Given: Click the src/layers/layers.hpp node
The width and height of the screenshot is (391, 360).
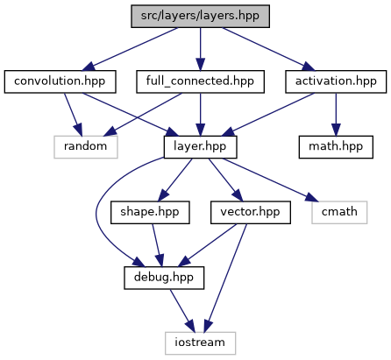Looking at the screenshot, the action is pos(200,17).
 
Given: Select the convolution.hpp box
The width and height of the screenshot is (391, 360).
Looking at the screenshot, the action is pos(60,81).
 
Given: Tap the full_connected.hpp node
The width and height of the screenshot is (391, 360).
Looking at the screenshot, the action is pos(200,81).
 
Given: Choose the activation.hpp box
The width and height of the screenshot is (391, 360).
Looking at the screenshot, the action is pos(336,81).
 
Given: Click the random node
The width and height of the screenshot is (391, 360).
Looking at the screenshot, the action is pos(86,147).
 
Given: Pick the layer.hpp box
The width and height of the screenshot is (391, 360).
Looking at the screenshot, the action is pos(200,147).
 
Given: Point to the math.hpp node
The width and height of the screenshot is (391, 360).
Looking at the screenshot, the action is pos(336,147).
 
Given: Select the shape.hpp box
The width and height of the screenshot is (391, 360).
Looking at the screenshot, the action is pos(150,213).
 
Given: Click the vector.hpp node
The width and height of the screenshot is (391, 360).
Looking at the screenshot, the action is pos(251,213).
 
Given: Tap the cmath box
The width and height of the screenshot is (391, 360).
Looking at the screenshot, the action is pos(339,213).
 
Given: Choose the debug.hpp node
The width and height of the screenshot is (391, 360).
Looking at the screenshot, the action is pos(164,278).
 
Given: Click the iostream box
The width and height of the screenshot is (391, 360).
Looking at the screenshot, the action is pos(200,343).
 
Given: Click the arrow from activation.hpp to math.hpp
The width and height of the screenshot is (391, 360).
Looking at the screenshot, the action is pos(336,115).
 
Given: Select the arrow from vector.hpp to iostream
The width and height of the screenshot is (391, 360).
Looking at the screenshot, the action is pos(225,278).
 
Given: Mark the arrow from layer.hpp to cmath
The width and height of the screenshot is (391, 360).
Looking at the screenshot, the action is pos(270,180).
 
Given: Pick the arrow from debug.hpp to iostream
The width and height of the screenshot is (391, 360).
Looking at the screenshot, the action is pos(182,311).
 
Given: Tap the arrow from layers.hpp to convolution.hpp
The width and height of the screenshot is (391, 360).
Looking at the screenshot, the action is pos(130,49).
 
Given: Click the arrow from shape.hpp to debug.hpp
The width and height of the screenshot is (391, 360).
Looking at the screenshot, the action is pos(158,245).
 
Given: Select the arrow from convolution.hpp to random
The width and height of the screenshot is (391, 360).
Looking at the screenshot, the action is pos(73,115).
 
